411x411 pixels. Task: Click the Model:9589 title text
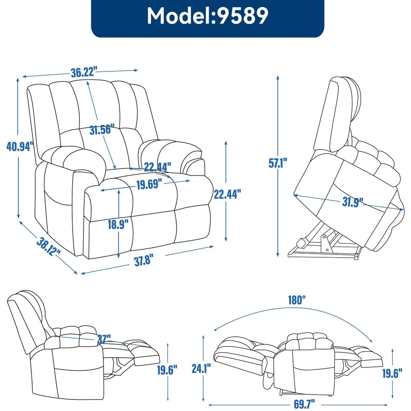coord(208,17)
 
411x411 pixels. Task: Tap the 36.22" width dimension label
coord(84,72)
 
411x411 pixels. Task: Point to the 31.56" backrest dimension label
coord(101,130)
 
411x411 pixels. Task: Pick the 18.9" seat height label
coord(120,224)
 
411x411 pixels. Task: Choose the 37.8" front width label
coord(144,261)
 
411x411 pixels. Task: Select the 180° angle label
coord(297,299)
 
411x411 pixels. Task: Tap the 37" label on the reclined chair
coord(104,340)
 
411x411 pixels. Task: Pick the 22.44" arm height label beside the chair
coord(227,194)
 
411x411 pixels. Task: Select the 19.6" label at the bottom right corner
coord(392,374)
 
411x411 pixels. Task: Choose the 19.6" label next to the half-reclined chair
coord(167,370)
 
